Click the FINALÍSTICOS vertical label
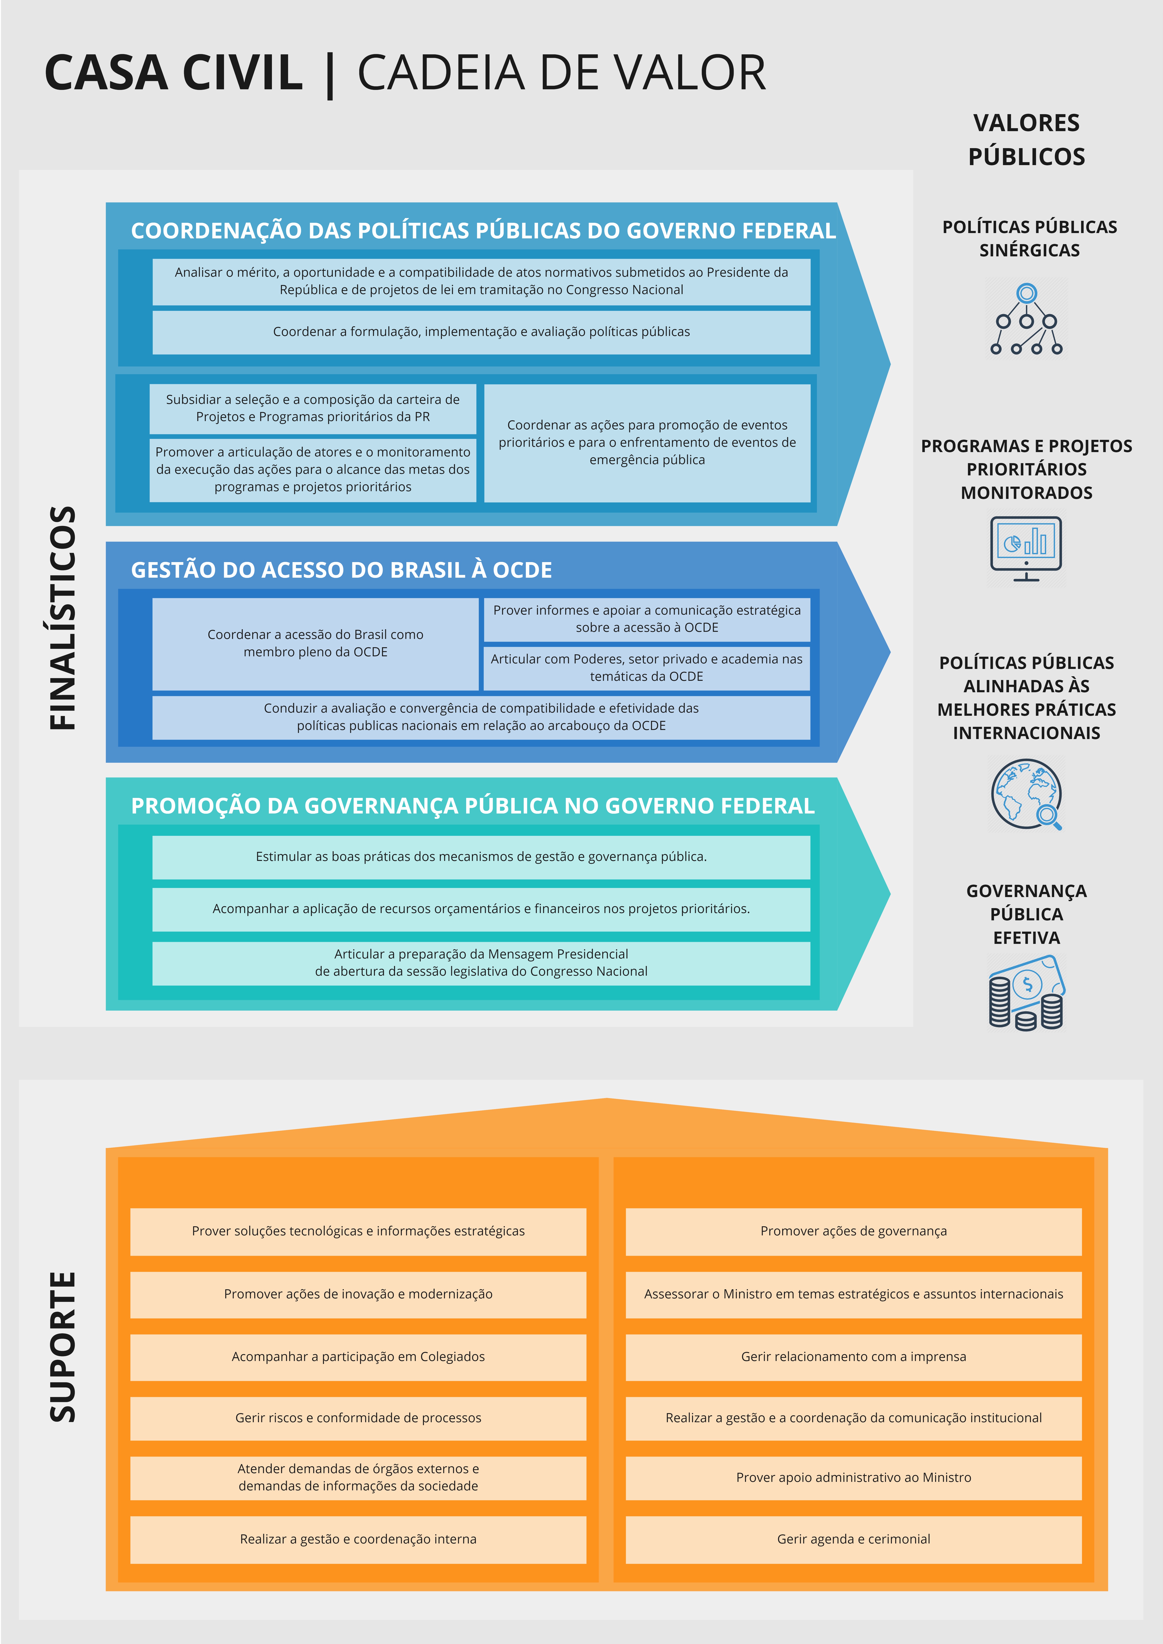coord(63,618)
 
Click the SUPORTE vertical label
coord(63,1346)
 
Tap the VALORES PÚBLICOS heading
coord(1026,140)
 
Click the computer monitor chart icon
coord(1026,548)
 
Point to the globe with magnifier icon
coord(1026,795)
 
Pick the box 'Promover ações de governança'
coord(854,1231)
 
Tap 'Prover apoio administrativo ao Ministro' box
coord(854,1477)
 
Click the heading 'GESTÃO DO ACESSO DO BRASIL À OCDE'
coord(342,570)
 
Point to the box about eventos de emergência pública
coord(647,443)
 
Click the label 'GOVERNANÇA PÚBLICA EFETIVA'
coord(1026,914)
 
